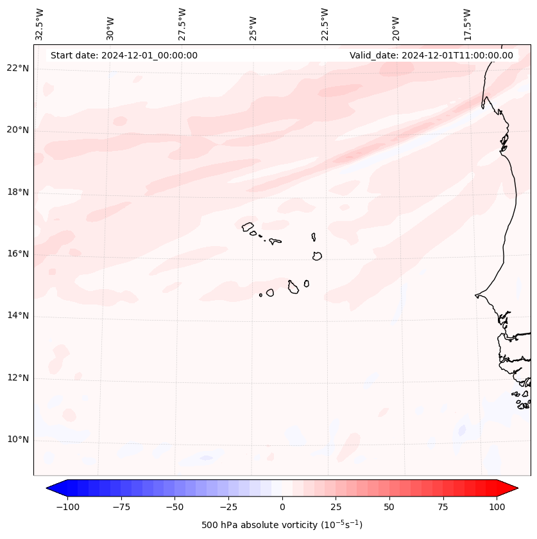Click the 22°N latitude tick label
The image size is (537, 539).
(18, 69)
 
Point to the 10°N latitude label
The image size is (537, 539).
(18, 440)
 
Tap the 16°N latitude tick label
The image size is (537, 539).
(18, 254)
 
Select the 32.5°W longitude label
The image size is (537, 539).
(40, 24)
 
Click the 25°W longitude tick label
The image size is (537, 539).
(253, 25)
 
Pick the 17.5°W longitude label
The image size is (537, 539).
(467, 24)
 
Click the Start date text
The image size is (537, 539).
(124, 55)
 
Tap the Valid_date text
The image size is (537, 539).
(431, 55)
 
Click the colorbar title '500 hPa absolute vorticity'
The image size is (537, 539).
(282, 525)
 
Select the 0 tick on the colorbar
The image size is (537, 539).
(282, 507)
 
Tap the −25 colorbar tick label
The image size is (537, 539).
(228, 507)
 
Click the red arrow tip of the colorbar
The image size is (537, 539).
(513, 489)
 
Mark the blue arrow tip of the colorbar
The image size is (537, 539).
(51, 489)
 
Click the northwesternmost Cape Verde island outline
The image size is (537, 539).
(248, 226)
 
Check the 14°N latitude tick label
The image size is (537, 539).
(18, 316)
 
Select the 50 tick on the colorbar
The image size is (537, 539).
(389, 507)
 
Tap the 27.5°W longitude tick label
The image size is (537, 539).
(182, 24)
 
